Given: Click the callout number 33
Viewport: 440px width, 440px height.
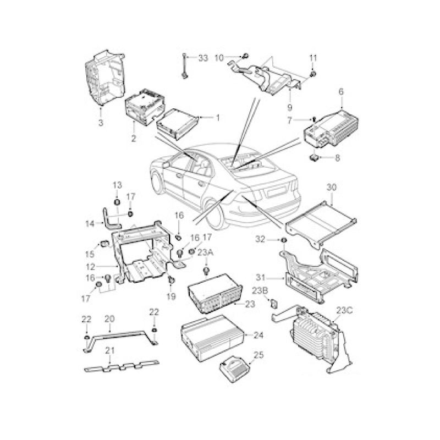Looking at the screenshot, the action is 203,58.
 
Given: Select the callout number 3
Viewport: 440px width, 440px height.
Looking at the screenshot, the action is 101,123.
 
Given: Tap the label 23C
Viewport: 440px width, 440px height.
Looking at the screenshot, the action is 345,311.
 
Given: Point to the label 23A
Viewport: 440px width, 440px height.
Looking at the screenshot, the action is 206,252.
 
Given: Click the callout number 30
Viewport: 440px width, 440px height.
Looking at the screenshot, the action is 332,187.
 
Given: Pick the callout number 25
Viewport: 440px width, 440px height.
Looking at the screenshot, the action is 258,355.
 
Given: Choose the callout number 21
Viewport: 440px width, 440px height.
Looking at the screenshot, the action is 110,350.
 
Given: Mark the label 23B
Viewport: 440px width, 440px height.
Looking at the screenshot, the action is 260,291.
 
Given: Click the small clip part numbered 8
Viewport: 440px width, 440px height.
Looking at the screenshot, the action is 313,158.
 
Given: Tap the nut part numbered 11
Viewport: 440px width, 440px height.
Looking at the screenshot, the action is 312,74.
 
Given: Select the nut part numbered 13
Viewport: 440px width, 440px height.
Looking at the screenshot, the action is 117,202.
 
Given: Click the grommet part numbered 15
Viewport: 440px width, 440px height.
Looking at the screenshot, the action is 105,244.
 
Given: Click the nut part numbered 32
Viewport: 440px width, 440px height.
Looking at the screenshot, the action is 284,240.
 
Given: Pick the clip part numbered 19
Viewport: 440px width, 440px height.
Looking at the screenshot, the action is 171,280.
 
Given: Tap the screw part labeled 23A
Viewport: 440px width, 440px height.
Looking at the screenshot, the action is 207,271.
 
